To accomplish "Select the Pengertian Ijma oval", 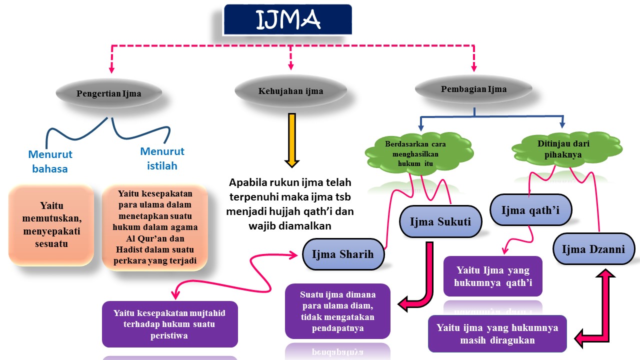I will (108, 93).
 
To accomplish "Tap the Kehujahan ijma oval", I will (290, 91).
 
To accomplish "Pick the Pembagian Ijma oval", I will (473, 89).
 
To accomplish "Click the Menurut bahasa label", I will (50, 161).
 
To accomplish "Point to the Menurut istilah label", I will (162, 158).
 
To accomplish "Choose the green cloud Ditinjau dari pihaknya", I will (563, 149).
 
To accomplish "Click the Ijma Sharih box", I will (342, 254).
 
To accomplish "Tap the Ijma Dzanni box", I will (593, 248).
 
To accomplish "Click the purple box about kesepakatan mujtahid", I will (169, 324).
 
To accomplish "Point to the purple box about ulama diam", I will (337, 310).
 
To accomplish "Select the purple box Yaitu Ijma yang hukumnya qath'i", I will (492, 276).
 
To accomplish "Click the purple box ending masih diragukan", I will (497, 333).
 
